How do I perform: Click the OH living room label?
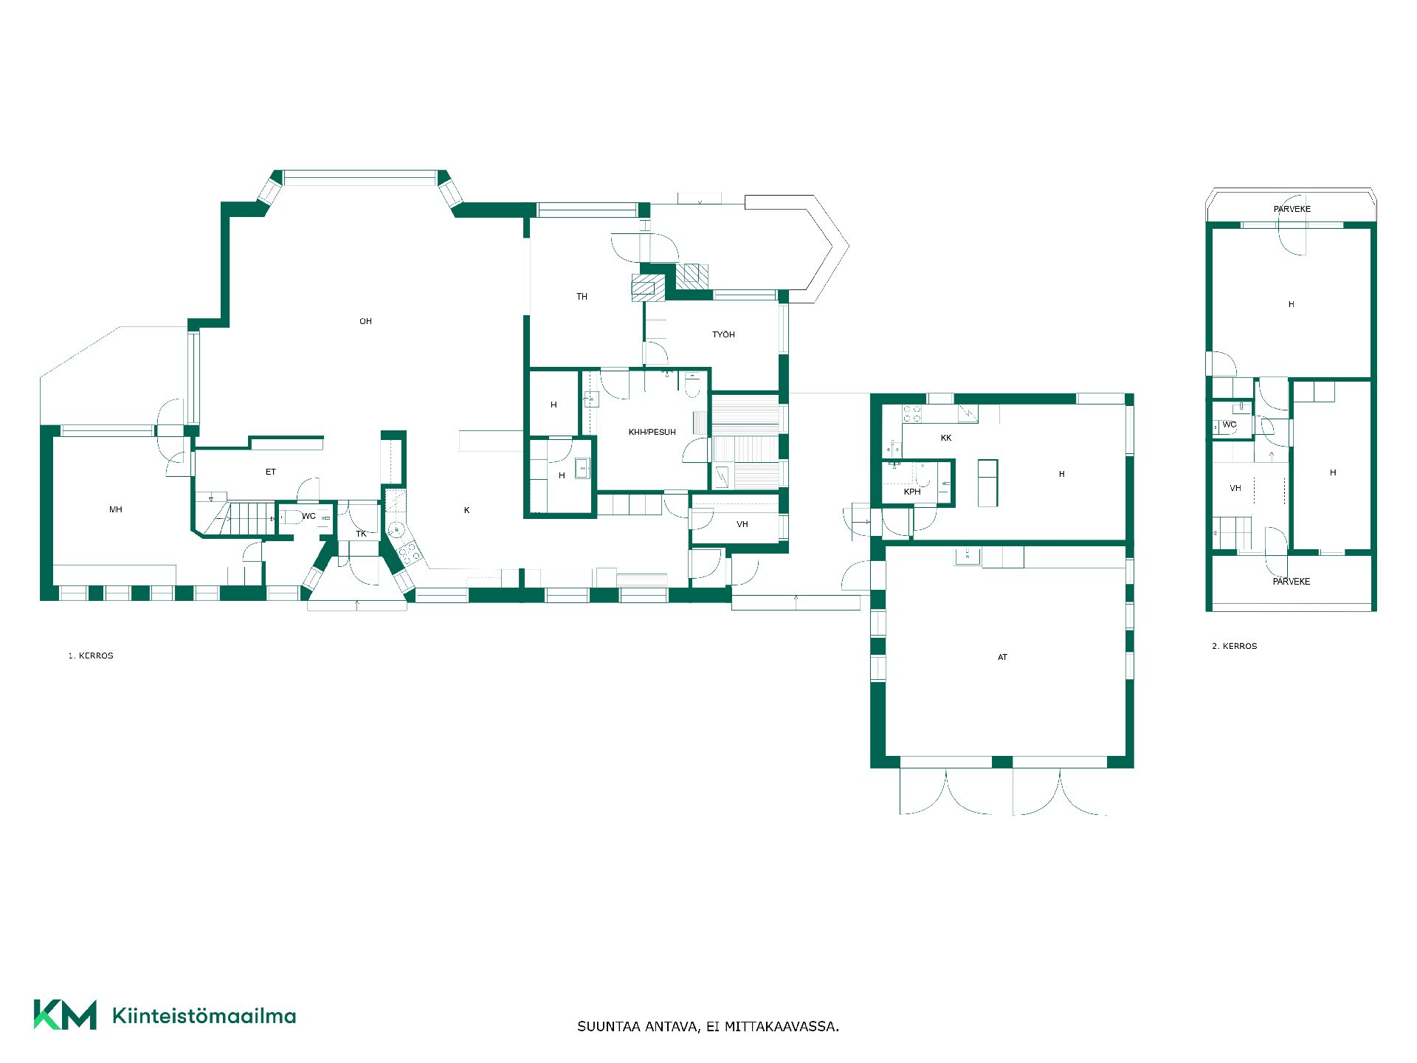point(365,321)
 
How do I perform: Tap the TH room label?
point(582,297)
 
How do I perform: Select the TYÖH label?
point(723,334)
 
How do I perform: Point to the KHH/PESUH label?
point(652,432)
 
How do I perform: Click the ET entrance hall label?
point(270,472)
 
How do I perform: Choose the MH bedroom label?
point(116,509)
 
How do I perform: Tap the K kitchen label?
point(466,510)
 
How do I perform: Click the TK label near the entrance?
point(361,534)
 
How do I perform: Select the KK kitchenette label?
point(946,438)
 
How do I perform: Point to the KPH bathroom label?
point(912,492)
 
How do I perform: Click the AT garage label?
point(1002,657)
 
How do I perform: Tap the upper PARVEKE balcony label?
point(1292,209)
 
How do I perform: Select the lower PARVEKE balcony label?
point(1292,582)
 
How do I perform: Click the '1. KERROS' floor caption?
point(91,656)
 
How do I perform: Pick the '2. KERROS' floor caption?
point(1235,646)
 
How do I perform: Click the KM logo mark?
point(65,1015)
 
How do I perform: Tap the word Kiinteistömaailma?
point(204,1016)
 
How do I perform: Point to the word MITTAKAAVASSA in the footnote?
point(782,1027)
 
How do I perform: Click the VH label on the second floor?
point(1235,488)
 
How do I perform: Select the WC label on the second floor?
point(1230,424)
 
